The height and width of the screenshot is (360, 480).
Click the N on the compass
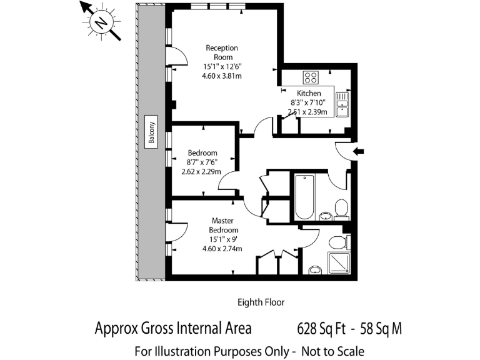[101, 22]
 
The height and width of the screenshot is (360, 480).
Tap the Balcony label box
[151, 132]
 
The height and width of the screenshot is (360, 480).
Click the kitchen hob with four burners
[311, 77]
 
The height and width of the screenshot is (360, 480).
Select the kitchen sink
[342, 104]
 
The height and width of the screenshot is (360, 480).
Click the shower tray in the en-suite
[339, 263]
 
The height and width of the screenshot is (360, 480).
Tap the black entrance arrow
[359, 151]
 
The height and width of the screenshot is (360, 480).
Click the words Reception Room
[222, 52]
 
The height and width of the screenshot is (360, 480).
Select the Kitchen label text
[309, 93]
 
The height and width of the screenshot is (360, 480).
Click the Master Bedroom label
[223, 225]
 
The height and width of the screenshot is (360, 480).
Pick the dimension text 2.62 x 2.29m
[201, 171]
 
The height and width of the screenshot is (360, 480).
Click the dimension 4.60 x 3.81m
[222, 76]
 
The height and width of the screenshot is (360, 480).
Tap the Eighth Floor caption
[261, 302]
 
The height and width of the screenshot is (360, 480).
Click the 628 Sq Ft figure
[321, 329]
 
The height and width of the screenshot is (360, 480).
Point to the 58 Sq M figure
[381, 329]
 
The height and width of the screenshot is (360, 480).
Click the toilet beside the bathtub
[341, 209]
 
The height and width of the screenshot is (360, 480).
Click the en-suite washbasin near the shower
[315, 271]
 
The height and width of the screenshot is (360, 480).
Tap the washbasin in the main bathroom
[326, 216]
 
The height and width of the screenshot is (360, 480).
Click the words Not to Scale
[332, 351]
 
